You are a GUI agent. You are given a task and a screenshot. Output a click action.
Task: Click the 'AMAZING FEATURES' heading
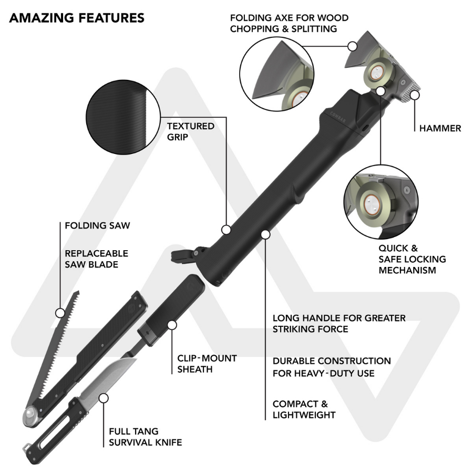(x=77, y=18)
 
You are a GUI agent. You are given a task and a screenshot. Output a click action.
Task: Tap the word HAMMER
(x=440, y=128)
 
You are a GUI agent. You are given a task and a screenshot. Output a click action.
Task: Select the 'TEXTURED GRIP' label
(x=191, y=131)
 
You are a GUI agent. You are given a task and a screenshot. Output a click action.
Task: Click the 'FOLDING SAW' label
(x=97, y=225)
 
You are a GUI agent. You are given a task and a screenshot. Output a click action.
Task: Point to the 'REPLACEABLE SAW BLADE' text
(x=97, y=259)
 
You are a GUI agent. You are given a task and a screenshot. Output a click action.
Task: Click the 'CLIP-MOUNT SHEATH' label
(x=207, y=364)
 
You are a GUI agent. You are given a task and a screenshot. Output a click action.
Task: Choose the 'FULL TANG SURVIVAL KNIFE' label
(x=146, y=437)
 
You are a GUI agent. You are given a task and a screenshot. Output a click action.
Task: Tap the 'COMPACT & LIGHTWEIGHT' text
(x=304, y=409)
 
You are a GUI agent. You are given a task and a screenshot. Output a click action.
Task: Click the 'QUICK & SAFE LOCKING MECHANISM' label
(x=412, y=259)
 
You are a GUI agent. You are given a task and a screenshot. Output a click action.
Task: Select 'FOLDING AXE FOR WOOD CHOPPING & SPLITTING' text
(x=289, y=23)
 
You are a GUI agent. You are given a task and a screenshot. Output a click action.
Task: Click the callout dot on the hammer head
(x=415, y=95)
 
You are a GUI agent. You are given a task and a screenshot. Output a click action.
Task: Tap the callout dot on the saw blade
(x=60, y=313)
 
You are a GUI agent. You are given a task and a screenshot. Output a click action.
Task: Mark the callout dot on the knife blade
(x=104, y=398)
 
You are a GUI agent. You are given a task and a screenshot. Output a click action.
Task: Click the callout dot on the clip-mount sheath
(x=172, y=325)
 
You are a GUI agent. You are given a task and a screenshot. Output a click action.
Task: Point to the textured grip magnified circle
(x=123, y=117)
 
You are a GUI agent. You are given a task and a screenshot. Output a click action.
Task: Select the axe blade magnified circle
(x=276, y=74)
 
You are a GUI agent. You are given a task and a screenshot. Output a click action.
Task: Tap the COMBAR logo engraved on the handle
(x=338, y=117)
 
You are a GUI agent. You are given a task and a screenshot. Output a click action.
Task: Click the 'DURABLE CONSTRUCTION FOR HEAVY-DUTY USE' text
(x=332, y=367)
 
